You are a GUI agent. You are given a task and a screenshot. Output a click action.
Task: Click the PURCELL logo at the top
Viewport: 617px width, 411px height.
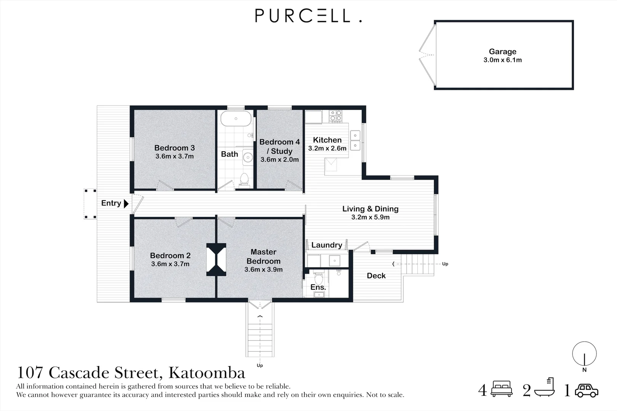click(308, 16)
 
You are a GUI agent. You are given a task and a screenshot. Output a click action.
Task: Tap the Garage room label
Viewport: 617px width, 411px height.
click(502, 52)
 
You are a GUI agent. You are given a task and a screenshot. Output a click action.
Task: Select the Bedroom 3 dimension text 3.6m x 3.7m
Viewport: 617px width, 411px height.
click(174, 156)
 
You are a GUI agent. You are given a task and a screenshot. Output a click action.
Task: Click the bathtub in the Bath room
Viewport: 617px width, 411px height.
click(236, 119)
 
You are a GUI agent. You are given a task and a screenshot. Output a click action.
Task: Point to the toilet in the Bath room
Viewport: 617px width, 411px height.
click(244, 179)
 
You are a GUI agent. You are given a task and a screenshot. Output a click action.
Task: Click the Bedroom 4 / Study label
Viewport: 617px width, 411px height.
click(280, 147)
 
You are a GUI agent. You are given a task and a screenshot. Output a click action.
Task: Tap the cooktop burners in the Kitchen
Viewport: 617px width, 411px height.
click(336, 116)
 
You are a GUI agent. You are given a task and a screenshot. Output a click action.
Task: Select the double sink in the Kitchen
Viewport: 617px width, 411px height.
click(355, 140)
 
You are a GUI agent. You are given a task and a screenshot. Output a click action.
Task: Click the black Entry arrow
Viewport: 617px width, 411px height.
click(126, 204)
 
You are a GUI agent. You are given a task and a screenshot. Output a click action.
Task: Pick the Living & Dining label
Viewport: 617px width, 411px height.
click(370, 209)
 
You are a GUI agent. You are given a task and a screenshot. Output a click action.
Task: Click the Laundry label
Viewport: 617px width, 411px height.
click(326, 245)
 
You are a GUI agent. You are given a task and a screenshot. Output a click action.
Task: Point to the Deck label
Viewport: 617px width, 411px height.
click(376, 276)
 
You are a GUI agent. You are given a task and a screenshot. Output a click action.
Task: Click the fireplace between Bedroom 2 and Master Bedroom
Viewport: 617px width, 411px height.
click(216, 259)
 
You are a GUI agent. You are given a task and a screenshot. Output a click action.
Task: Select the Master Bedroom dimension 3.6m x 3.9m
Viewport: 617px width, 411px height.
click(264, 270)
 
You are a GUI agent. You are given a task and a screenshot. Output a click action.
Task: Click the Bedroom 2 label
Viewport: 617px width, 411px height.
click(170, 256)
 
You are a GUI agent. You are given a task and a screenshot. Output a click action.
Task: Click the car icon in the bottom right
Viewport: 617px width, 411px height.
click(587, 390)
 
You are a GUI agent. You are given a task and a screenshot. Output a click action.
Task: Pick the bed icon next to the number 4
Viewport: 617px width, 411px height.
click(502, 389)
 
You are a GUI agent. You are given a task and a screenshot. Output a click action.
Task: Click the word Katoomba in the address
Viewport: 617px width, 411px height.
click(207, 373)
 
